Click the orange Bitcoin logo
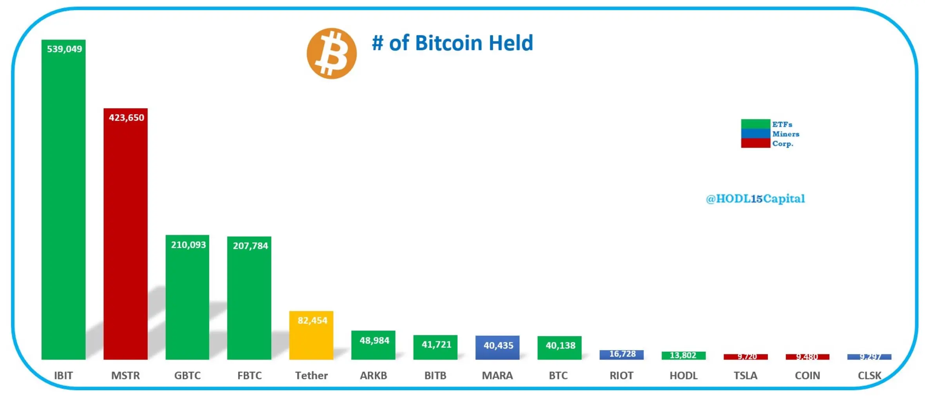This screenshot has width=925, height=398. pyautogui.click(x=332, y=53)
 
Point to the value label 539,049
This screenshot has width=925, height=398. pyautogui.click(x=64, y=49)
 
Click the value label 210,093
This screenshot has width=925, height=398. pyautogui.click(x=188, y=245)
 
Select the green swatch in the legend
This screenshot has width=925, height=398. pyautogui.click(x=755, y=124)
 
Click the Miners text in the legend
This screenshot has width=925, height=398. pyautogui.click(x=785, y=134)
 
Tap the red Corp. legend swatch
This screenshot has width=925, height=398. pyautogui.click(x=755, y=143)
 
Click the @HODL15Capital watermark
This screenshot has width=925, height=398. pyautogui.click(x=755, y=199)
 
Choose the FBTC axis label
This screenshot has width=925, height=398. pyautogui.click(x=249, y=375)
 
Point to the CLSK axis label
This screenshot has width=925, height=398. pyautogui.click(x=869, y=375)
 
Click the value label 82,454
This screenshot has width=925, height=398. pyautogui.click(x=312, y=320)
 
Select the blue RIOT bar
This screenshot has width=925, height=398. pyautogui.click(x=621, y=354)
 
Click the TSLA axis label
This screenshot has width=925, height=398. pyautogui.click(x=745, y=375)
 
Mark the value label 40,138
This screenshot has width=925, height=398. pyautogui.click(x=560, y=345)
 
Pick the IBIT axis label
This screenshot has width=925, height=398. pyautogui.click(x=63, y=375)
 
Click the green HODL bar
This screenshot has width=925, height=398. pyautogui.click(x=683, y=355)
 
